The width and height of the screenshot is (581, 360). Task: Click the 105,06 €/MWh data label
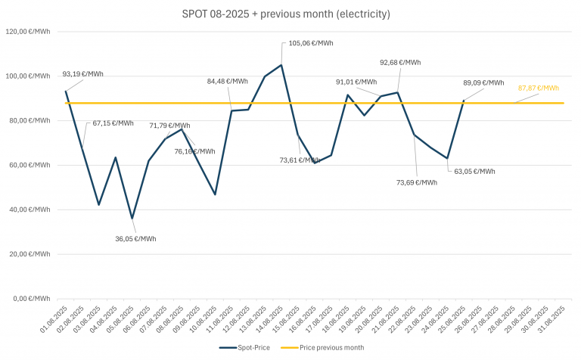click(308, 44)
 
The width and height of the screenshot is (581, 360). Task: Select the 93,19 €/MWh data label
click(83, 74)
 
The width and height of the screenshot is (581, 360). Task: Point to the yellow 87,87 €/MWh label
click(538, 88)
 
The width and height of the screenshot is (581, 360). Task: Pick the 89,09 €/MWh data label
click(483, 82)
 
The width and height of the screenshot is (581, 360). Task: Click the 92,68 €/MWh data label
click(400, 63)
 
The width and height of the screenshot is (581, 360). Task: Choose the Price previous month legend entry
click(322, 347)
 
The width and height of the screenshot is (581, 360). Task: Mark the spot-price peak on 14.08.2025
click(281, 65)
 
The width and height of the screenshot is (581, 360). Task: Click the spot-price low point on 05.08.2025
click(132, 219)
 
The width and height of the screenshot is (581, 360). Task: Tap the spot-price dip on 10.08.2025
click(215, 194)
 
